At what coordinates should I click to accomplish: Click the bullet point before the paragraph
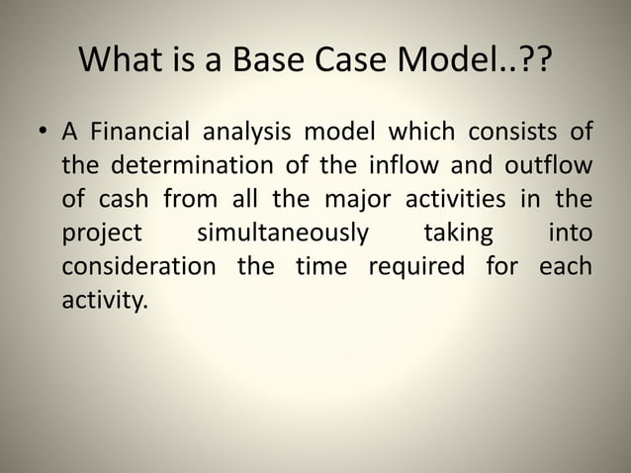point(42,133)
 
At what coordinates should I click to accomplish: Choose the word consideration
point(138,267)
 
